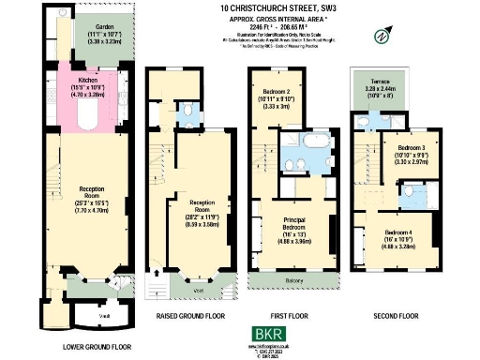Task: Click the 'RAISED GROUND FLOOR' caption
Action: [190, 317]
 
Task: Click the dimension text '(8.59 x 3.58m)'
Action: [202, 225]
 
